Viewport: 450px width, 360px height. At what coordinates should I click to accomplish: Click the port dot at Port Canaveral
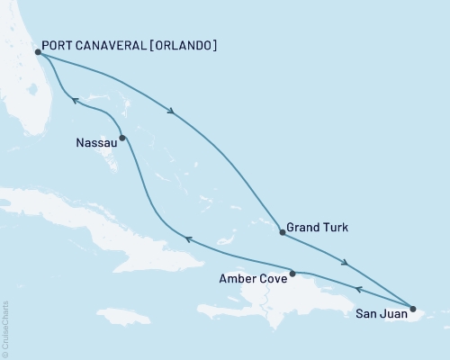[x=39, y=53]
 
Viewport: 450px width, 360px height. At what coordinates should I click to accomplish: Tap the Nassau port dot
[x=121, y=138]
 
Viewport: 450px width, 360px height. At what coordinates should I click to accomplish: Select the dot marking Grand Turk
[x=283, y=232]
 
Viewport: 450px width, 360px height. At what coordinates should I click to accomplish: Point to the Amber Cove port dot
[x=292, y=273]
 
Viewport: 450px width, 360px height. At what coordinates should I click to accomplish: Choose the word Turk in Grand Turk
[x=335, y=228]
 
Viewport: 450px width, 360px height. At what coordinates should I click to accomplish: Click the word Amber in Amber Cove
[x=237, y=279]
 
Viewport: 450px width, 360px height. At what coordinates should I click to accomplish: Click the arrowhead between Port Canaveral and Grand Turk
[x=171, y=112]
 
